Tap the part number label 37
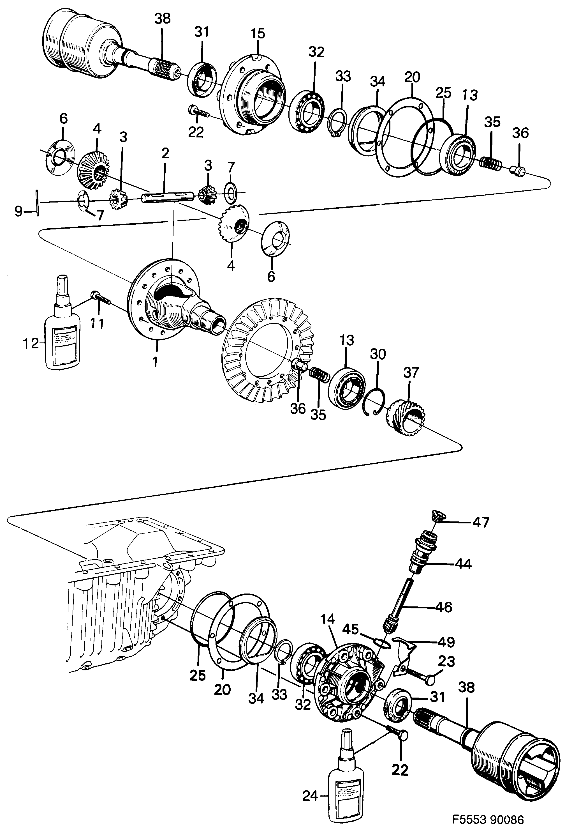[x=411, y=373]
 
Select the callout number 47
[x=481, y=523]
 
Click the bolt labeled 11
[x=102, y=299]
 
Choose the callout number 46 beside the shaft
[x=443, y=607]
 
